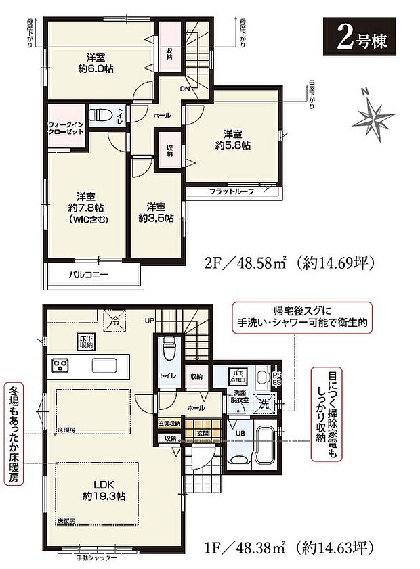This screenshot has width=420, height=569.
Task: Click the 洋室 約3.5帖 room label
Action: tap(156, 212)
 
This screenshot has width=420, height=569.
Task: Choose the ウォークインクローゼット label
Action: tap(65, 128)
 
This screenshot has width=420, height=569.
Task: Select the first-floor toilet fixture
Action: tap(170, 346)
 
